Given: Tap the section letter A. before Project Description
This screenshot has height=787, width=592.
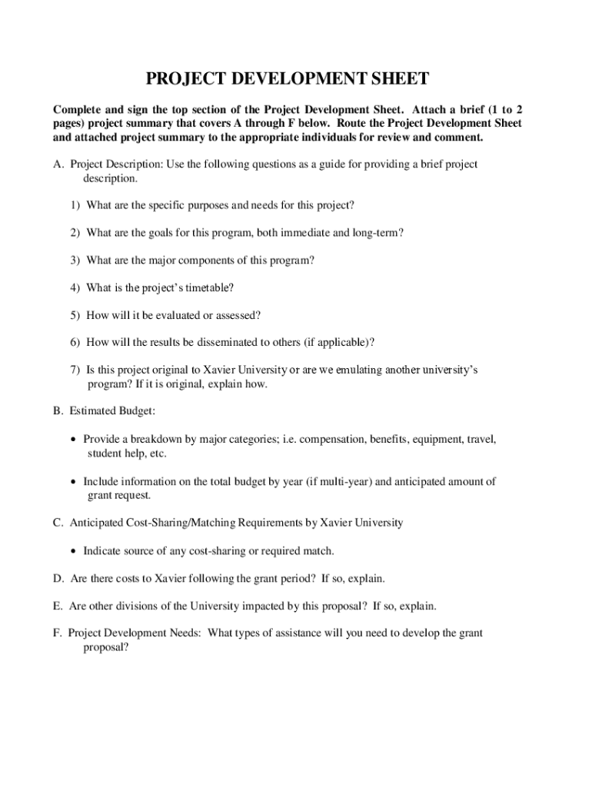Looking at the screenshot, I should tap(58, 164).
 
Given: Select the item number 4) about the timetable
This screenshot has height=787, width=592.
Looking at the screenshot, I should tap(75, 287).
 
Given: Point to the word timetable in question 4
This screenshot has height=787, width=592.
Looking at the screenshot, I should tap(208, 287).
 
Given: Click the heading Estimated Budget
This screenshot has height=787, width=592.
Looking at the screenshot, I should tap(112, 411).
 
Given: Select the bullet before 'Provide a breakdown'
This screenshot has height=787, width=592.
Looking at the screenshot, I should tap(73, 440).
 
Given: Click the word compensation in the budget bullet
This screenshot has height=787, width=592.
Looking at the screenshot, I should tap(331, 440).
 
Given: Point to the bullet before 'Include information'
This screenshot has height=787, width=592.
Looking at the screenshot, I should tap(73, 482).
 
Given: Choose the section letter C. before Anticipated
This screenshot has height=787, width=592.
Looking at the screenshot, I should tap(58, 523).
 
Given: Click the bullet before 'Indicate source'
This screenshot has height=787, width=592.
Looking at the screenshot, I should tap(73, 551).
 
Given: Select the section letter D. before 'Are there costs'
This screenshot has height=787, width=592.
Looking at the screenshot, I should tap(58, 578).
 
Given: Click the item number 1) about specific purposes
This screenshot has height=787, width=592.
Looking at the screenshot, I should tap(75, 205).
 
